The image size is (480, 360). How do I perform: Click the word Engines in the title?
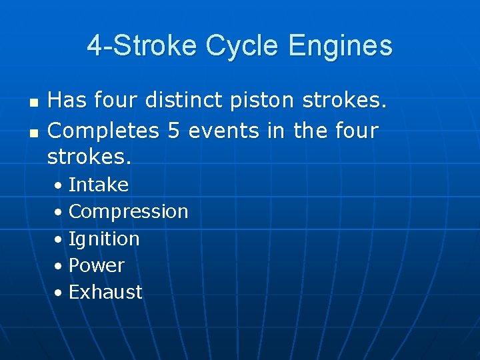(341, 47)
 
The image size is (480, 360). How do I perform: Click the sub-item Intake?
(99, 184)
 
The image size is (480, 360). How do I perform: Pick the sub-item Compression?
(129, 211)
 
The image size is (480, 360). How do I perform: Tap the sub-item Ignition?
(104, 238)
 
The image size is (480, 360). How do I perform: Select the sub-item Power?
(97, 265)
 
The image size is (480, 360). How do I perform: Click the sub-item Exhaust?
(105, 292)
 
